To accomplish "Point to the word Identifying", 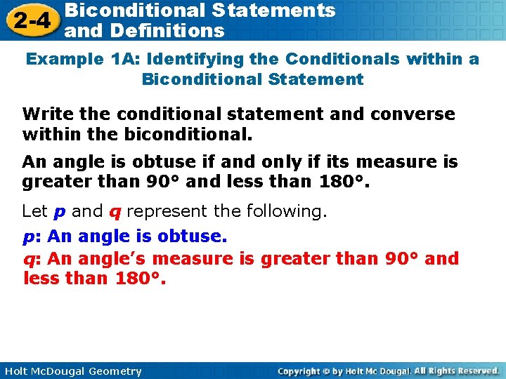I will point(191,59).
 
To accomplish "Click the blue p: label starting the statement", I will point(30,237).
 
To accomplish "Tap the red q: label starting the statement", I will point(32,259).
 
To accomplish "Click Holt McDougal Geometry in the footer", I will point(71,371).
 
